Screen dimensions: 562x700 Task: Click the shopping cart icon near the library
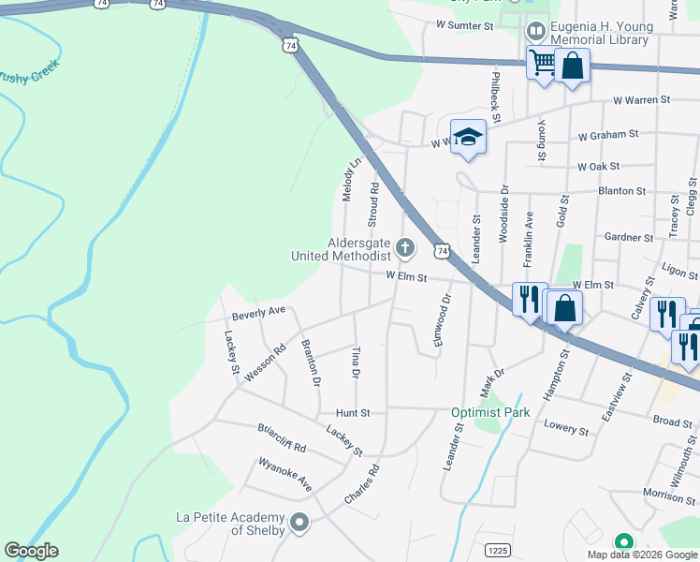[541, 63]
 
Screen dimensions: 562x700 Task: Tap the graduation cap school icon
[468, 138]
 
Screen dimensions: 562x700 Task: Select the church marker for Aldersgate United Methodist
[404, 248]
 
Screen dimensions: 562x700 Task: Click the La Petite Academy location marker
[299, 522]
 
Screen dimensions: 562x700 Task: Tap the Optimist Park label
[490, 412]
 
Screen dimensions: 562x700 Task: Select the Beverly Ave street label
[258, 313]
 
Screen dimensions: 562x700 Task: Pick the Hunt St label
[354, 412]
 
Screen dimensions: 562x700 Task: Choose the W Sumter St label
[464, 26]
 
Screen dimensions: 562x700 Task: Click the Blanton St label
[621, 191]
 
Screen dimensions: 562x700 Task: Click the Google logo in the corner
[31, 551]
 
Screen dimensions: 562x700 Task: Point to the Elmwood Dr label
[442, 322]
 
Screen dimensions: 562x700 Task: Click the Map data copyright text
[642, 555]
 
